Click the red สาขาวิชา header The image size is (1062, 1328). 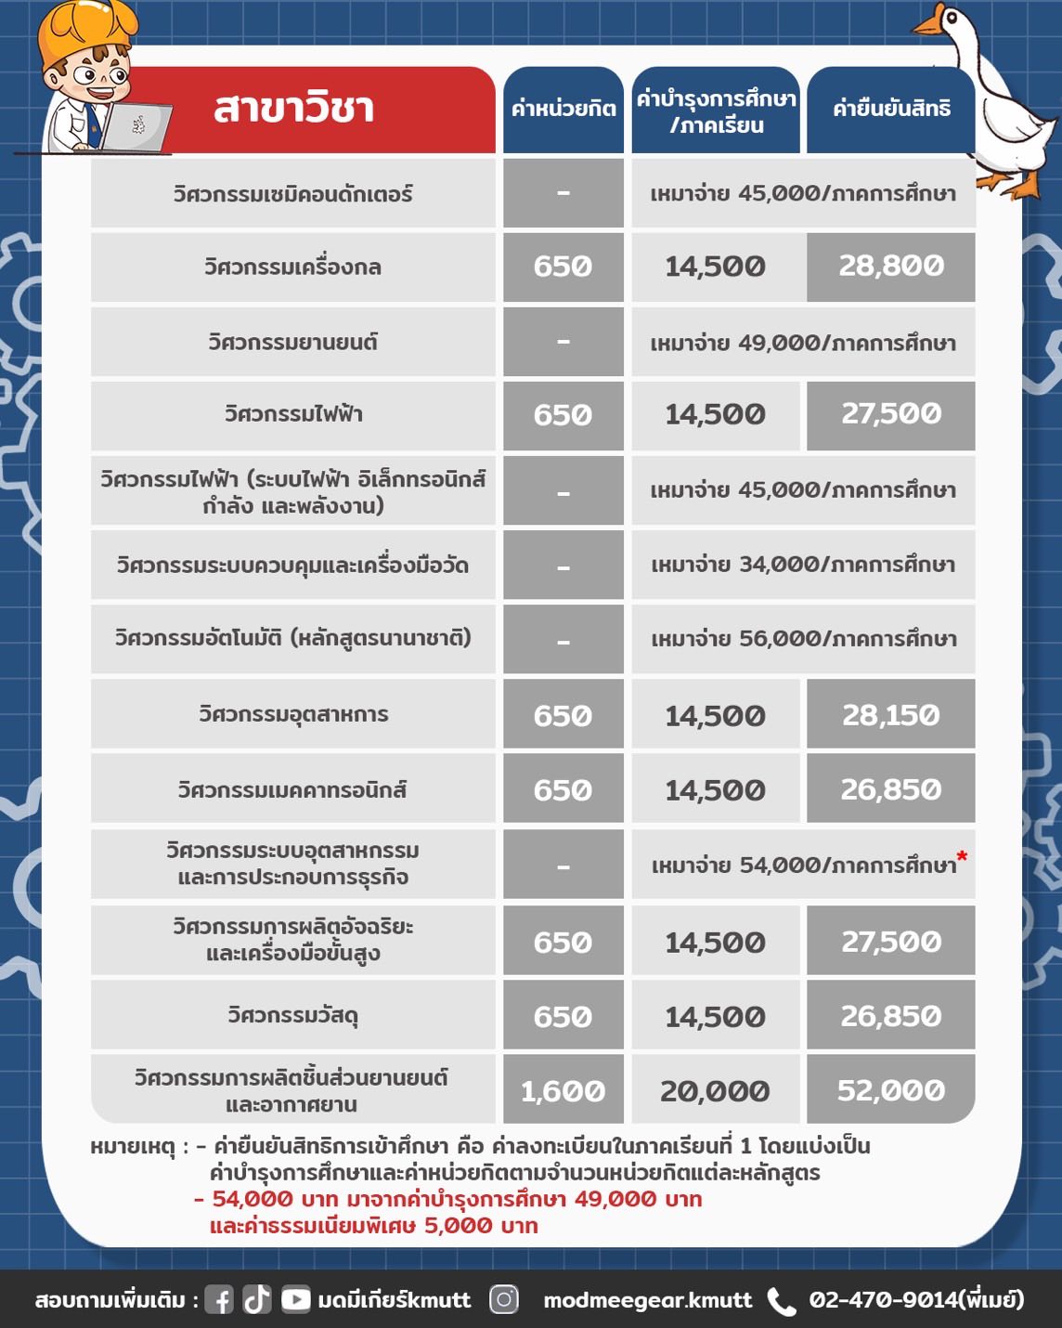(x=293, y=109)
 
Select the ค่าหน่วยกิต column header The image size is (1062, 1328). (x=563, y=109)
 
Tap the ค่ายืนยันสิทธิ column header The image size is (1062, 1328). (x=891, y=109)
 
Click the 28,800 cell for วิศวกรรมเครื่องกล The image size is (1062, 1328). (x=891, y=267)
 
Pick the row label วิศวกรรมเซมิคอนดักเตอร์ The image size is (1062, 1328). (x=293, y=193)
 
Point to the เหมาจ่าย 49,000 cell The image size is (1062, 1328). (x=803, y=342)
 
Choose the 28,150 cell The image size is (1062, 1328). (x=891, y=714)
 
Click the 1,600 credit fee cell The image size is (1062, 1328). (x=563, y=1090)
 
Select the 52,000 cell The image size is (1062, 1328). (x=891, y=1090)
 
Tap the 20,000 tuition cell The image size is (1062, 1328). (x=715, y=1090)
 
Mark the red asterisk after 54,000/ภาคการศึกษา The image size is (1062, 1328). (x=962, y=856)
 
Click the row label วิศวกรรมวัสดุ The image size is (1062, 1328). (x=293, y=1015)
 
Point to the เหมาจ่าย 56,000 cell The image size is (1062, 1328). (x=803, y=639)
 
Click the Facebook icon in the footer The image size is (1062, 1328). (x=219, y=1299)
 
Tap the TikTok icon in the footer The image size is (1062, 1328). (x=257, y=1299)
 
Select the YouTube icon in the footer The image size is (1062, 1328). (x=295, y=1299)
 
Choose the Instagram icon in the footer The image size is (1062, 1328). (x=504, y=1299)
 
